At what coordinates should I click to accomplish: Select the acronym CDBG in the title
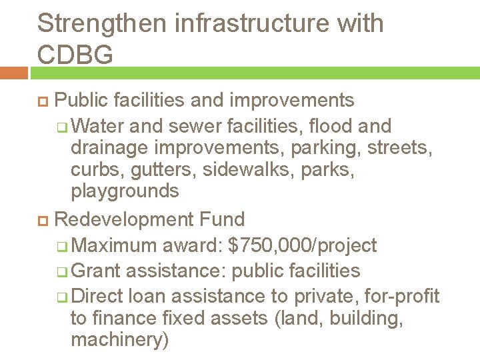[75, 55]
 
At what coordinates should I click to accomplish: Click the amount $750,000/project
[302, 246]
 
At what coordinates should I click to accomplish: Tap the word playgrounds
[125, 191]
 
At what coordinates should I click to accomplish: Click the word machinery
[119, 340]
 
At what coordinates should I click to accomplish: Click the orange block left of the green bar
[13, 72]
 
